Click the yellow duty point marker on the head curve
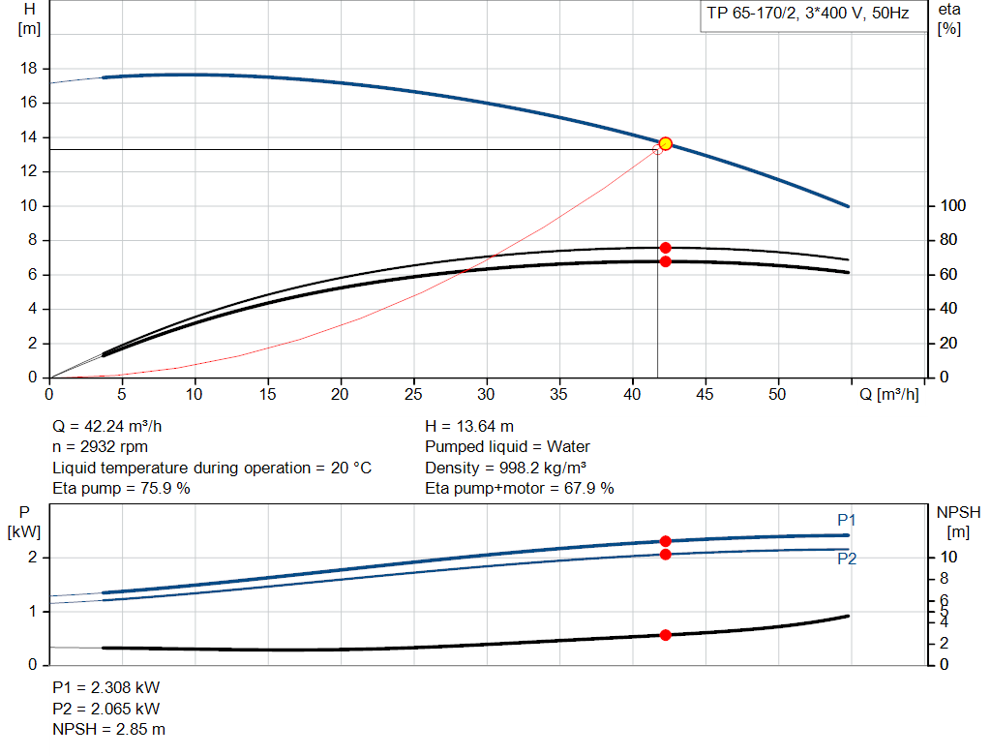tap(665, 144)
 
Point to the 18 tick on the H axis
tap(29, 69)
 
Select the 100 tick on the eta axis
tap(953, 206)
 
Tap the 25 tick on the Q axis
tap(414, 394)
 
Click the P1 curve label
tap(847, 521)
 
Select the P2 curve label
tap(847, 559)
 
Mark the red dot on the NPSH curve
tap(665, 635)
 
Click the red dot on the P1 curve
tap(665, 541)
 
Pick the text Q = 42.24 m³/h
tap(114, 426)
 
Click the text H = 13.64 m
tap(469, 426)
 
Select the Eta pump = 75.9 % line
tap(121, 489)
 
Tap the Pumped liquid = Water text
tap(507, 447)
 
